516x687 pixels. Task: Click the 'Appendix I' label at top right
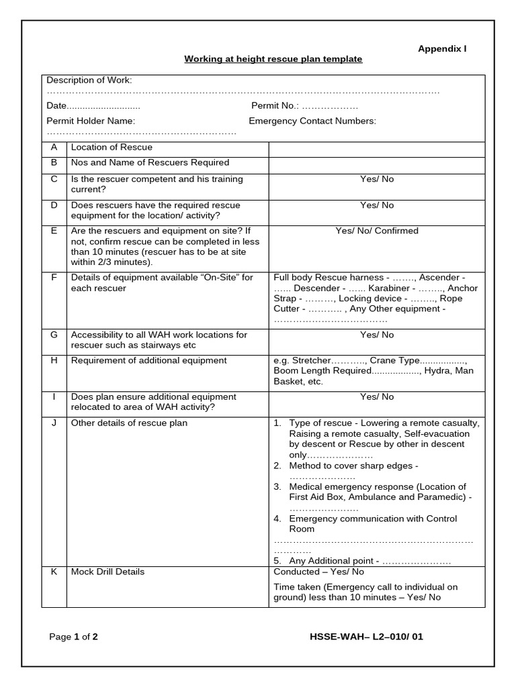pos(442,48)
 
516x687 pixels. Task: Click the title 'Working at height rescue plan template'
pos(273,59)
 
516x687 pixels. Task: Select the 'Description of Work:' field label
pos(89,80)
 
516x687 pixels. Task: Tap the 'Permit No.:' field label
pos(275,106)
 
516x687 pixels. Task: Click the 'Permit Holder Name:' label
pos(91,121)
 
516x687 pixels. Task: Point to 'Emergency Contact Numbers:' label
pos(312,121)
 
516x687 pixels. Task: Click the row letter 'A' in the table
pos(54,148)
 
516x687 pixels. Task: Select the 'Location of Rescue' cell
pos(112,148)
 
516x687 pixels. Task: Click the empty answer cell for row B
pos(376,164)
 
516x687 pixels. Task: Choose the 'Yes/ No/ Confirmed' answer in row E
pos(376,231)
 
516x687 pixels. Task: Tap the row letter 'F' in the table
pos(54,277)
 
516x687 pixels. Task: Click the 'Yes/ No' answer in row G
pos(376,335)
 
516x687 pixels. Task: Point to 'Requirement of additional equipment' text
pos(149,360)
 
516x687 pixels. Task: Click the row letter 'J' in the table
pos(54,423)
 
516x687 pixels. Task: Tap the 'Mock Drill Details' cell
pos(107,572)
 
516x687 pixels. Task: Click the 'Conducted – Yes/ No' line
pos(318,572)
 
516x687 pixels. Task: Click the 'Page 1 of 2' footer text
pos(73,637)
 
